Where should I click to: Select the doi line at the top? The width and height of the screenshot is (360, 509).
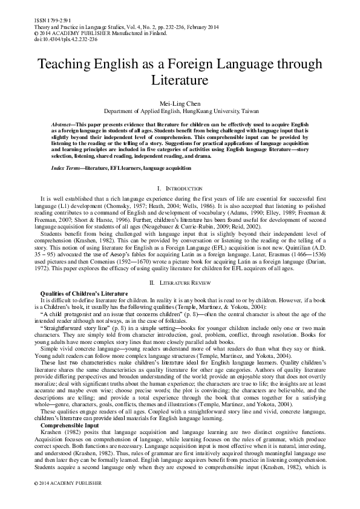pos(56,37)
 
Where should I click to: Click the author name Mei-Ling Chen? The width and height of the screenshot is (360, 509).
pos(180,104)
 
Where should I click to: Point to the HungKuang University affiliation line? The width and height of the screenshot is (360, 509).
pos(180,112)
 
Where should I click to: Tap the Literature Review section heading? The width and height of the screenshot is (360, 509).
pos(180,282)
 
